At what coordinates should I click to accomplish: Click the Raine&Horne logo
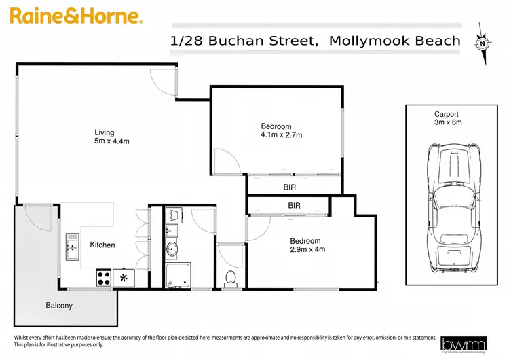coord(74,16)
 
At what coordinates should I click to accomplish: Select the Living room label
coord(105,132)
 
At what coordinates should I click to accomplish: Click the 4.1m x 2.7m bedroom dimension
coord(281,135)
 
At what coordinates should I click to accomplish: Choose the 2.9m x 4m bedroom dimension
coord(307,249)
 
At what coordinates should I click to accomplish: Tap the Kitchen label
coord(102,245)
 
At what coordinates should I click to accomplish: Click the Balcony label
coord(59,306)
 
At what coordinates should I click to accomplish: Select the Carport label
coord(447,114)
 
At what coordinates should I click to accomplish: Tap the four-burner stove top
coord(104,277)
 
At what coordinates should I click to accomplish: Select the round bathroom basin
coord(172,249)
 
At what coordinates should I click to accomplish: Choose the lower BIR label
coord(295,204)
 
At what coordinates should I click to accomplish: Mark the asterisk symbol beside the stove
coord(124,277)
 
